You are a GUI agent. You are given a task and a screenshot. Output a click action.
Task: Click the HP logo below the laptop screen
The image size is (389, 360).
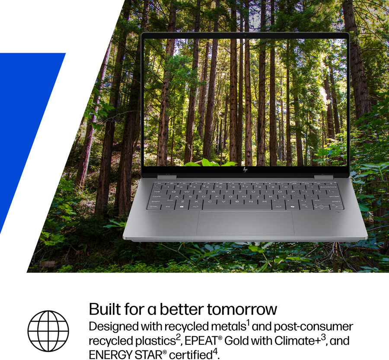pos(245,170)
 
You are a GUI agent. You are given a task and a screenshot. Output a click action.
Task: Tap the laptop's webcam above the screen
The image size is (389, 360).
pos(246,35)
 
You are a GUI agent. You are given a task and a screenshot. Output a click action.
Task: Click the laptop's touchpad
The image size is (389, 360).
pos(246,223)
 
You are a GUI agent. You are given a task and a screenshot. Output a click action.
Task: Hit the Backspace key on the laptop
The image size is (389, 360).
pos(328,187)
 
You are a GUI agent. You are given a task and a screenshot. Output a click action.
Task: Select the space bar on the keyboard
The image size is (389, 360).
pos(237,206)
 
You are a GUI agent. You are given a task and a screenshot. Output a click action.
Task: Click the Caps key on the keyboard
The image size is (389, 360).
pos(157,196)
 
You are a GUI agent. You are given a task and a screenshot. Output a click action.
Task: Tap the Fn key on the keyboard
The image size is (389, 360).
pos(168,206)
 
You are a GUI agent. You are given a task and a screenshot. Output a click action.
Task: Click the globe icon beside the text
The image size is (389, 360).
pos(48,331)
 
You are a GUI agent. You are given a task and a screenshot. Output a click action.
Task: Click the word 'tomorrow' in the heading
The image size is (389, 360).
pos(242,309)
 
